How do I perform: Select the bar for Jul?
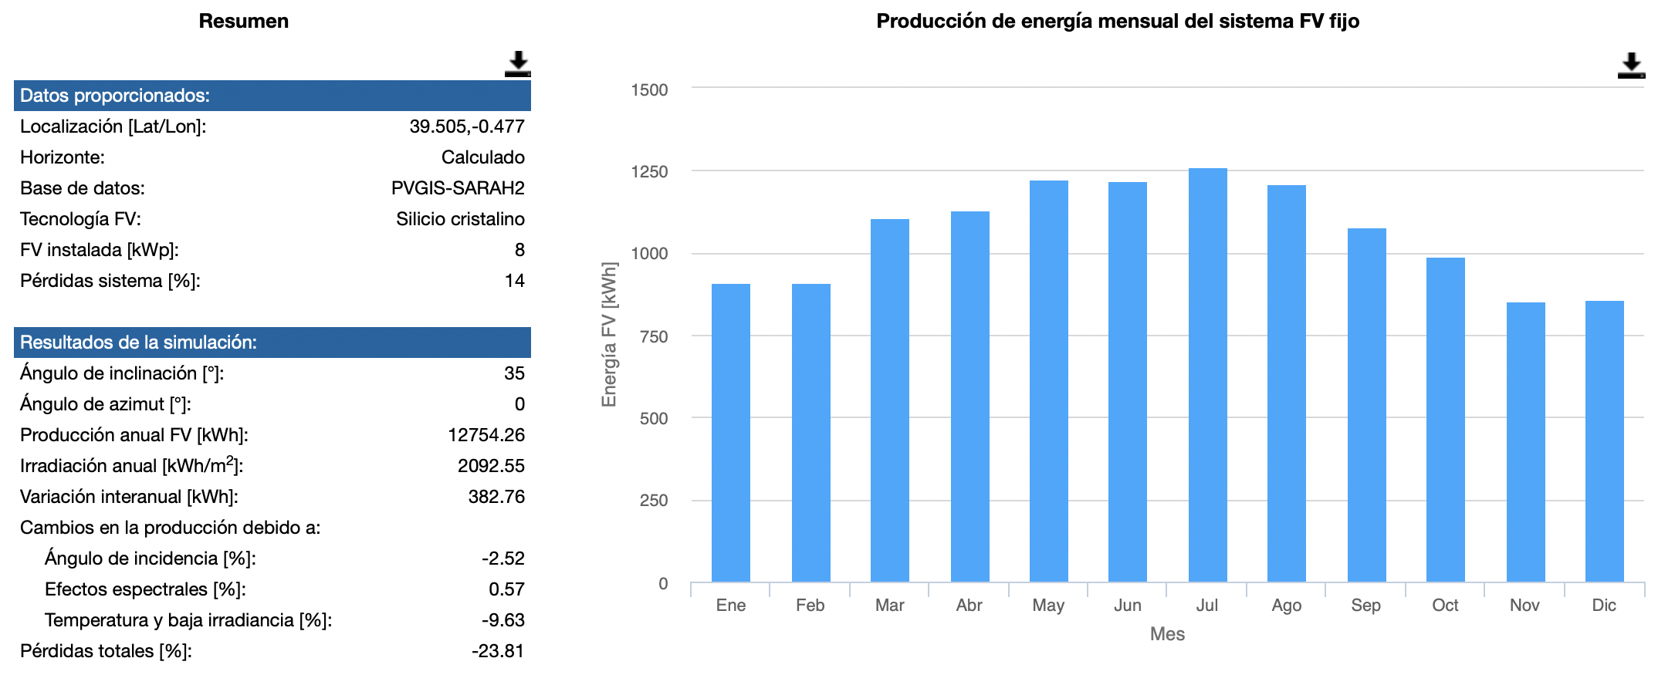click(1207, 375)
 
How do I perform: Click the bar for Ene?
click(730, 433)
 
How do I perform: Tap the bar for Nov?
click(1525, 442)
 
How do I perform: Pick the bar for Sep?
click(1366, 405)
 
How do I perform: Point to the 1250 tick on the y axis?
click(649, 172)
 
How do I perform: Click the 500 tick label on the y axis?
click(653, 419)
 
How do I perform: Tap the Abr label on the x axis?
click(969, 606)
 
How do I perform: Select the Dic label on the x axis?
click(1604, 606)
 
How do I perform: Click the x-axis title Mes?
click(1167, 634)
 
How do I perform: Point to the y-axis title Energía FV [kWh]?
click(609, 335)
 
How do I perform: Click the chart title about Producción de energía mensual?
click(1117, 22)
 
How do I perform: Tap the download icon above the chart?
click(1631, 65)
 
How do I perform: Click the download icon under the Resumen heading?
click(517, 64)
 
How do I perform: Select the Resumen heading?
click(243, 22)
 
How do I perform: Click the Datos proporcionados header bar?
click(272, 96)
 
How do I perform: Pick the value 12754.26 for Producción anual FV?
click(486, 435)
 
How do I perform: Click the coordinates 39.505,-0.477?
click(466, 127)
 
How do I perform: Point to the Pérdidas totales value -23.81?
click(498, 651)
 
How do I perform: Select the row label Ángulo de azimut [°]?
click(105, 404)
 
